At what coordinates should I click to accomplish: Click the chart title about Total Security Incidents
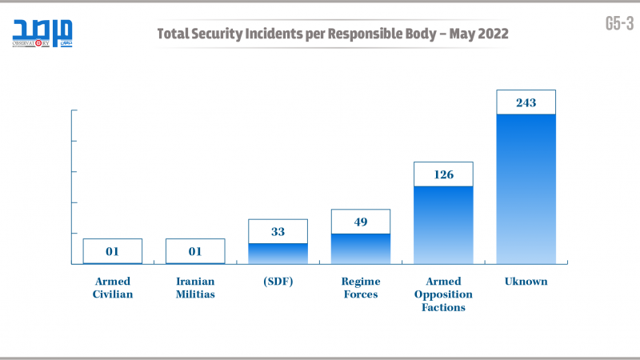(x=332, y=34)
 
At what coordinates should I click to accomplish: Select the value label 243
(x=526, y=102)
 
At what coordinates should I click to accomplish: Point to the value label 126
(x=443, y=174)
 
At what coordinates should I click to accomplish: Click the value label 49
(x=361, y=222)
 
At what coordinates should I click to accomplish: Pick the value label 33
(x=278, y=231)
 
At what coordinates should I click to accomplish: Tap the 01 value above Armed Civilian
(x=113, y=251)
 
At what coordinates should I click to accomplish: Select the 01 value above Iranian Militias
(x=195, y=251)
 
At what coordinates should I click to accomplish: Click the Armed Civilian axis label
(x=113, y=287)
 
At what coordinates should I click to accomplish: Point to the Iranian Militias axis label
(x=195, y=287)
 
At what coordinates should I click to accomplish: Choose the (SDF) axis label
(x=278, y=282)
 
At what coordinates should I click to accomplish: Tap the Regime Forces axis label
(x=361, y=287)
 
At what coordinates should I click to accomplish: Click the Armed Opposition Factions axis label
(x=443, y=294)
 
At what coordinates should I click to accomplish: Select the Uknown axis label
(x=526, y=282)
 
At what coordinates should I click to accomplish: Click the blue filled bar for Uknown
(x=526, y=189)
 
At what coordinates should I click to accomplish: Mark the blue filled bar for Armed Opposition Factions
(x=443, y=225)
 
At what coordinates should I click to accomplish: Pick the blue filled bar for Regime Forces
(x=361, y=249)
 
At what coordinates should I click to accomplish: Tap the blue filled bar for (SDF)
(x=278, y=254)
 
